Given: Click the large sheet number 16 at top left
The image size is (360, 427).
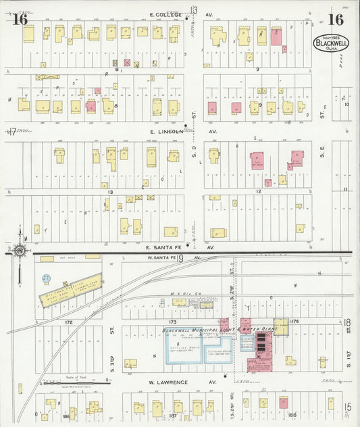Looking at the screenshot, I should click(20, 19).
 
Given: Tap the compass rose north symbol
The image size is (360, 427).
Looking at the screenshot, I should click(20, 252).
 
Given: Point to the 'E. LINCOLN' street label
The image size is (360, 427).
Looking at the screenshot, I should click(166, 131).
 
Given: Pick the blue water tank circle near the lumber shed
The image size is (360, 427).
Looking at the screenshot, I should click(45, 278).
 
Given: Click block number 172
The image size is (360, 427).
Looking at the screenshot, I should click(68, 322).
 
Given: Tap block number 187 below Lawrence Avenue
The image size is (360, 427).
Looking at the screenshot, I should click(172, 416).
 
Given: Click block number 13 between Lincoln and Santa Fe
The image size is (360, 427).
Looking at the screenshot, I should click(109, 192).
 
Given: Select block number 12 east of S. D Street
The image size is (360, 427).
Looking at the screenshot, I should click(257, 192).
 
